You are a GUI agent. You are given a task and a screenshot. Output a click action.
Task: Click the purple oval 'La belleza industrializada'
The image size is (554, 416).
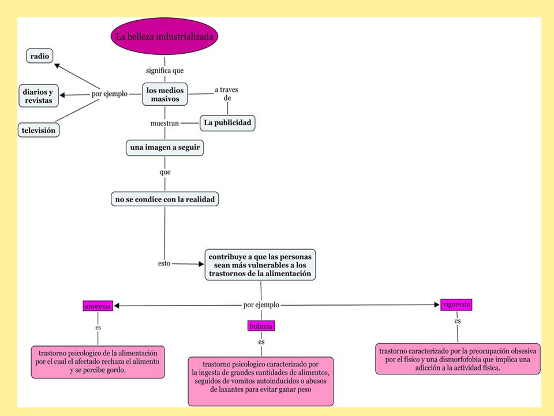coord(164,36)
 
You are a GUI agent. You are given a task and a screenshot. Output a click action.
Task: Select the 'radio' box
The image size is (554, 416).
coord(40,56)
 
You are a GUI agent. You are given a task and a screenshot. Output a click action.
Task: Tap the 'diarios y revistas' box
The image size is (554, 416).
coord(39,96)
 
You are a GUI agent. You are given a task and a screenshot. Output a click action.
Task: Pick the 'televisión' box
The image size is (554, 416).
coord(39,130)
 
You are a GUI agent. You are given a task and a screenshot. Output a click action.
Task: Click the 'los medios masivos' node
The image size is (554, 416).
coord(165,94)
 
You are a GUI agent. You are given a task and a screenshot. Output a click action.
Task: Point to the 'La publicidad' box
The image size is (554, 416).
coord(227,122)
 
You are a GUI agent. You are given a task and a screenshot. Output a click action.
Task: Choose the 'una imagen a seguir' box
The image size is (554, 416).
coord(165,147)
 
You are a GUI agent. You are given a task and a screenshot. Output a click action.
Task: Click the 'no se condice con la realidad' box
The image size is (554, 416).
coord(165,199)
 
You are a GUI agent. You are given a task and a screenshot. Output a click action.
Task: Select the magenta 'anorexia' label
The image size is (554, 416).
coord(98,306)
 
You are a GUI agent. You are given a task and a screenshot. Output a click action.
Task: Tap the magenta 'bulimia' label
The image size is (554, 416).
coord(261,326)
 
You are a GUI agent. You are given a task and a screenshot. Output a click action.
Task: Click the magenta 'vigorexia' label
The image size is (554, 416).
coord(456,304)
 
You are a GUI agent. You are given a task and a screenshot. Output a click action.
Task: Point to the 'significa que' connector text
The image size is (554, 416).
coord(164,70)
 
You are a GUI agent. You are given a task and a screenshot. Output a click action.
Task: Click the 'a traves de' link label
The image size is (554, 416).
coord(226,94)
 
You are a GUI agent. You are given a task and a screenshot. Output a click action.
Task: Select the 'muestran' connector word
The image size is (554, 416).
coord(164,124)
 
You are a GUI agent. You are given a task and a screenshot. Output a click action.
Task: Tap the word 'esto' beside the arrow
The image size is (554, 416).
coord(164,263)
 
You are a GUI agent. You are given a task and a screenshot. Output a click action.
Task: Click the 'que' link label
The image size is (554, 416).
coord(165,172)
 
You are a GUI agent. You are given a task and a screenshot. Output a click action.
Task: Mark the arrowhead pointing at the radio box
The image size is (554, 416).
coord(57,65)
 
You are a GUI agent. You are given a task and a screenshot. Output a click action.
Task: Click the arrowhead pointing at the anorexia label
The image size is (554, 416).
coord(117,306)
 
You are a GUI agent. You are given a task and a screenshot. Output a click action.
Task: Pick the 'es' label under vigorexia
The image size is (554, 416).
coord(458,321)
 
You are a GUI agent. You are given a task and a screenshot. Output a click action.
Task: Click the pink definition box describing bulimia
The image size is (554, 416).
coord(261,381)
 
